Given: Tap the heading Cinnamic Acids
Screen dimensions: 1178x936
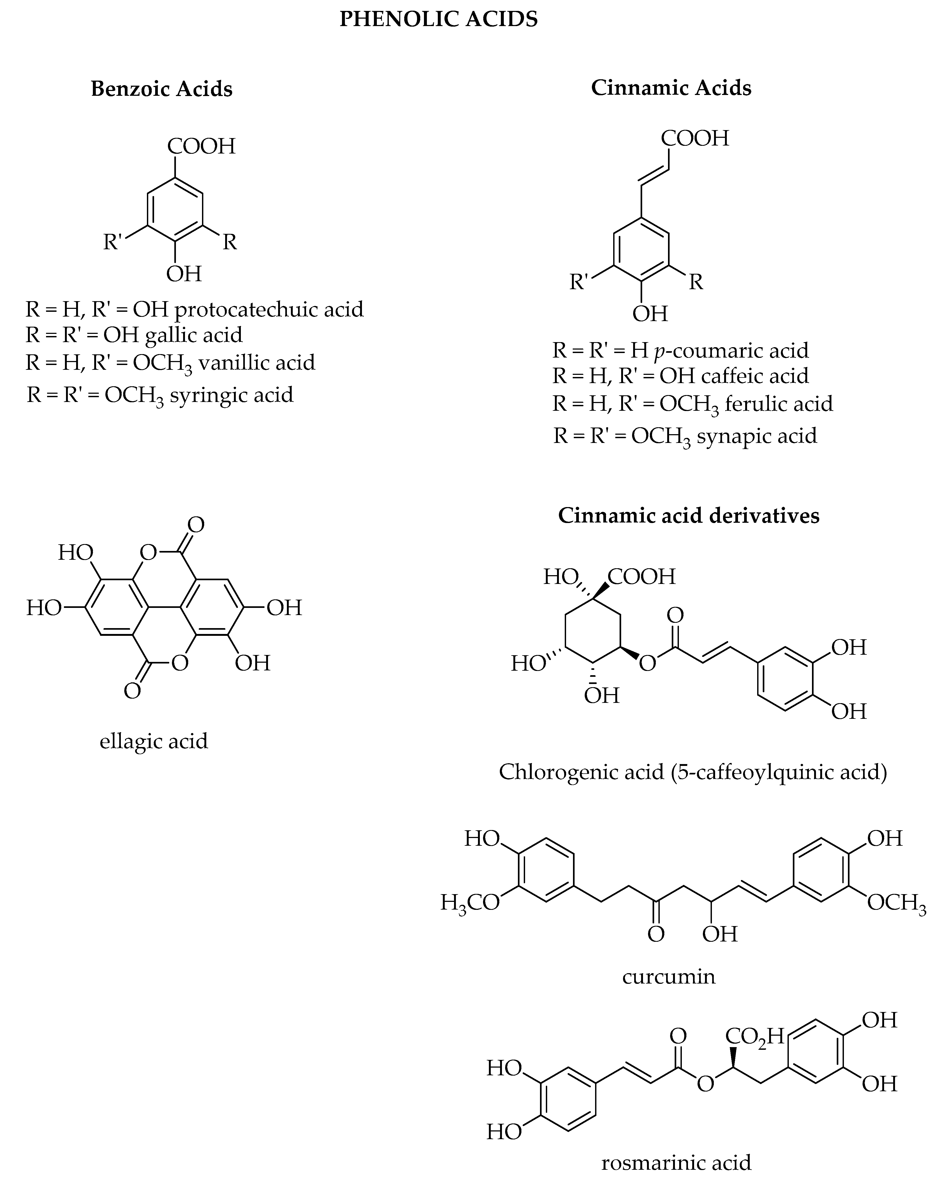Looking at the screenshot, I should [x=671, y=88].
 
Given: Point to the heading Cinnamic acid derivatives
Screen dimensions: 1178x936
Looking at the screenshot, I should [x=688, y=515].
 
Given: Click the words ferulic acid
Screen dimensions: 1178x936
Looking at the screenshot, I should [x=778, y=404].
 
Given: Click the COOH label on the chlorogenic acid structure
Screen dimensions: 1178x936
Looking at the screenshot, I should [x=641, y=576].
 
